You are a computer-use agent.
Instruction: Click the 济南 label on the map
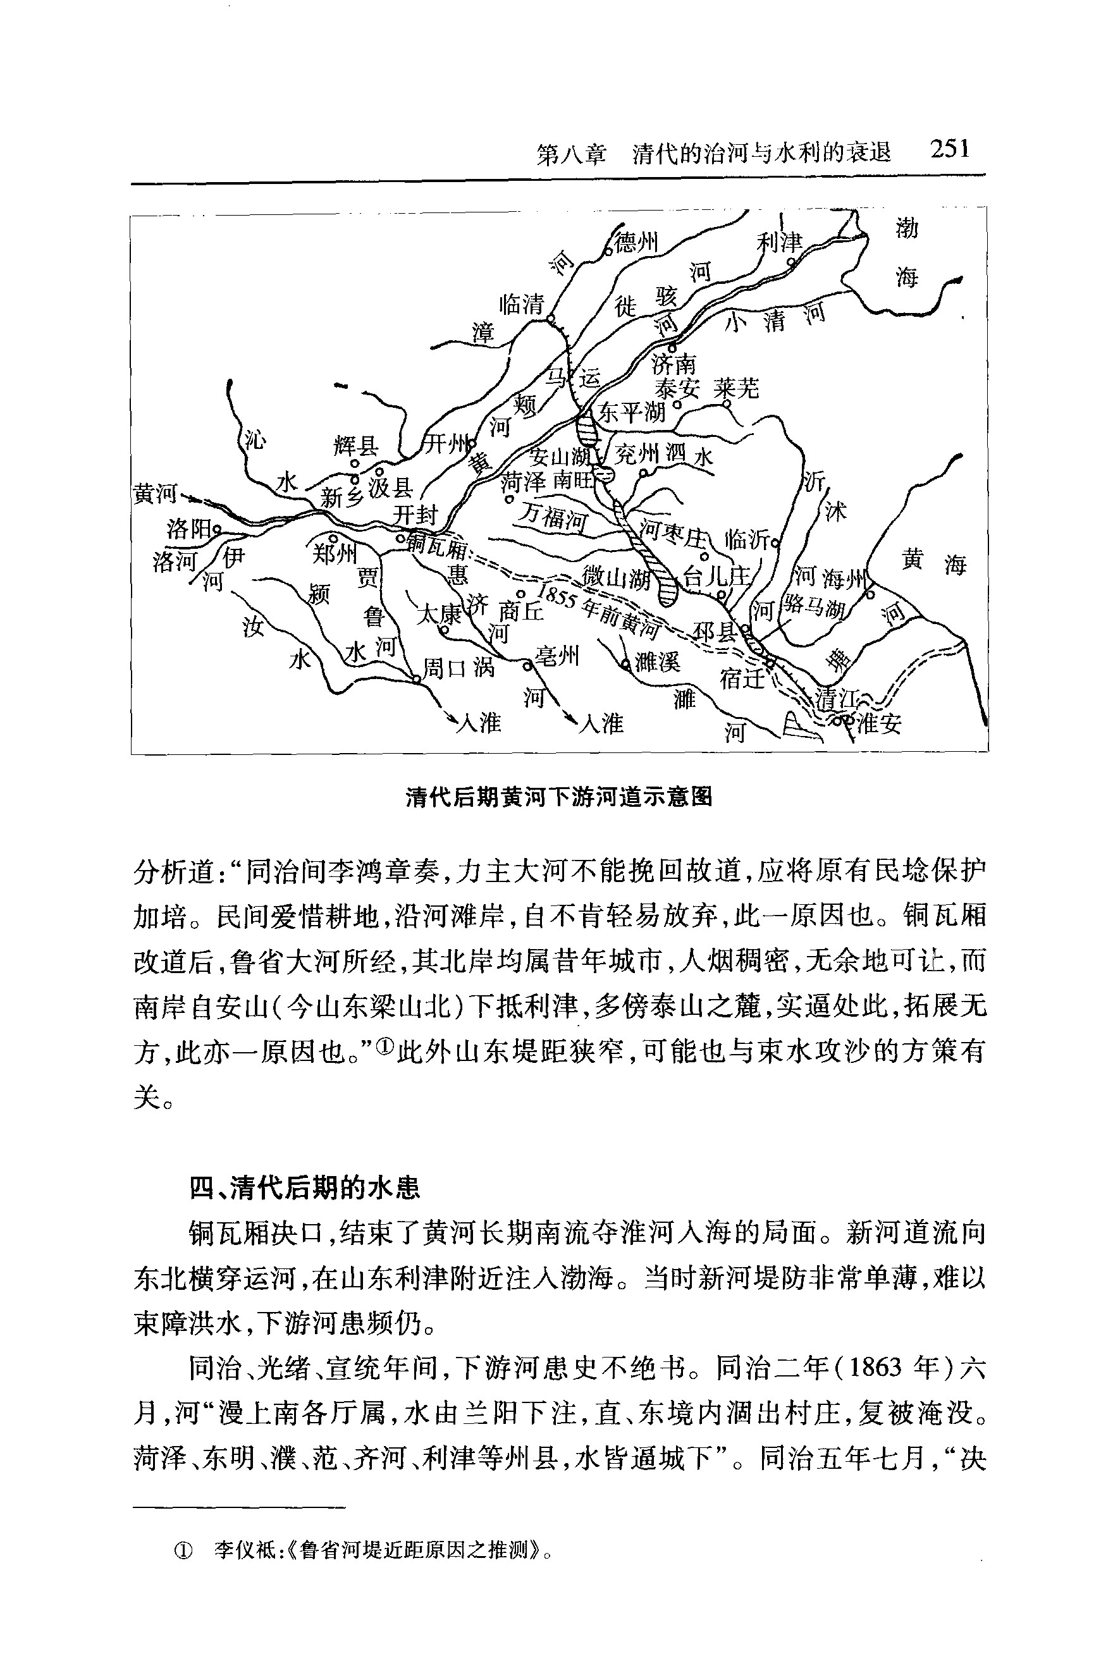[x=673, y=365]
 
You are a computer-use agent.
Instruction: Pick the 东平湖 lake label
[x=632, y=412]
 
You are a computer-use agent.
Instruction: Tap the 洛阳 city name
[x=190, y=528]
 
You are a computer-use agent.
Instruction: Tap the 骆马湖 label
[x=813, y=606]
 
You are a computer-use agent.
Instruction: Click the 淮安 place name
[x=880, y=723]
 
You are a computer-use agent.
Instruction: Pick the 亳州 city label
[x=557, y=656]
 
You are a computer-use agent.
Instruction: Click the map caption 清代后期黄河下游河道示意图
[x=558, y=798]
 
